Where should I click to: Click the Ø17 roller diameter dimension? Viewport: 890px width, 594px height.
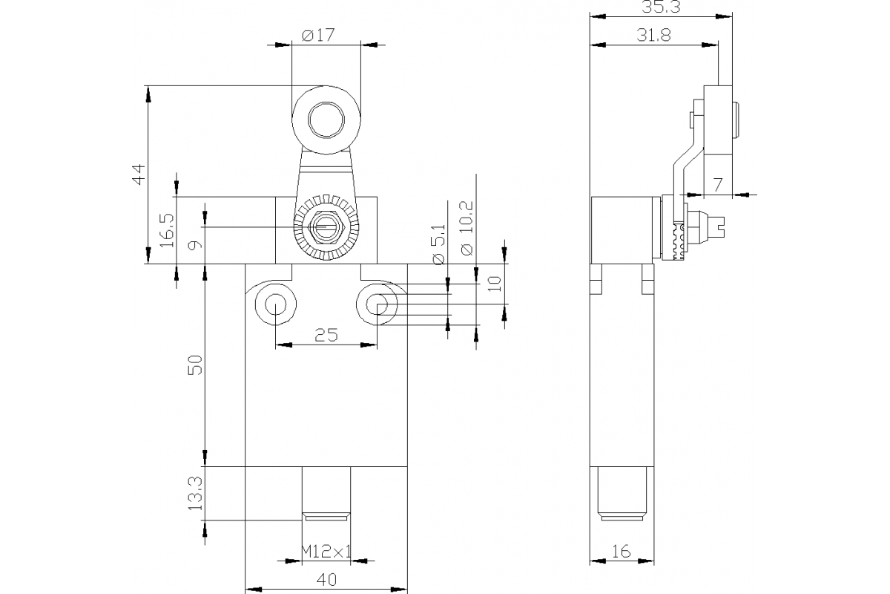pyautogui.click(x=318, y=34)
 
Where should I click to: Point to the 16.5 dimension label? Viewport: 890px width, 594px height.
pyautogui.click(x=167, y=230)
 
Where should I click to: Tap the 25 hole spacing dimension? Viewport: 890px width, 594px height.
pyautogui.click(x=326, y=335)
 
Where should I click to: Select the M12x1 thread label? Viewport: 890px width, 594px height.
pyautogui.click(x=326, y=551)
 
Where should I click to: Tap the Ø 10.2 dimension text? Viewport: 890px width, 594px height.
pyautogui.click(x=467, y=229)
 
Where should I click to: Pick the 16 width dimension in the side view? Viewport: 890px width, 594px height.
pyautogui.click(x=622, y=551)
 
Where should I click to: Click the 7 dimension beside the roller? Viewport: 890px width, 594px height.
pyautogui.click(x=716, y=186)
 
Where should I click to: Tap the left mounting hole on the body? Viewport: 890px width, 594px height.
pyautogui.click(x=274, y=304)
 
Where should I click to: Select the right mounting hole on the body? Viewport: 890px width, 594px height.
pyautogui.click(x=378, y=304)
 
